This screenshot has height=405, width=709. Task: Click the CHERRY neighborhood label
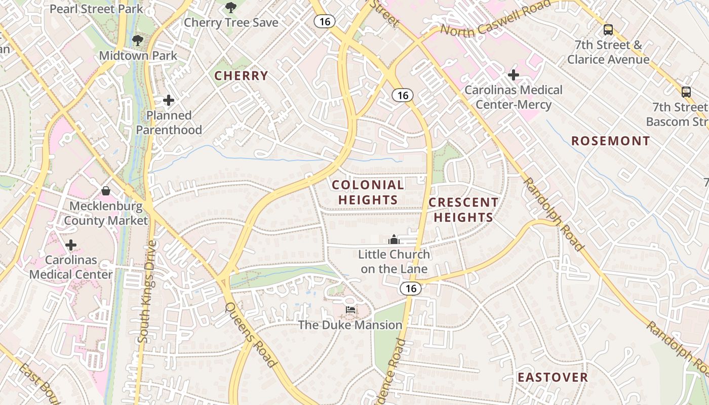(241, 76)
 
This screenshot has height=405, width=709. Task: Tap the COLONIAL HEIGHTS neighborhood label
(368, 192)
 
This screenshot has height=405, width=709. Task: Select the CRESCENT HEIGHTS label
(463, 210)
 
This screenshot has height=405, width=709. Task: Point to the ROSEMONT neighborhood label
(610, 141)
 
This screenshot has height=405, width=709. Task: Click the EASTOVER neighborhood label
(553, 377)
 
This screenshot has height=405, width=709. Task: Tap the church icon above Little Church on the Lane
(394, 239)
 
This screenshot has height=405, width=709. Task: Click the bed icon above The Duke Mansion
(350, 310)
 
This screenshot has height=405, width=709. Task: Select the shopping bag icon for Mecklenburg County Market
(106, 191)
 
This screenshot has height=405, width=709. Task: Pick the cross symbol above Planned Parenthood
(169, 101)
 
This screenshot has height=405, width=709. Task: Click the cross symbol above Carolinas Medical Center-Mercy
(514, 75)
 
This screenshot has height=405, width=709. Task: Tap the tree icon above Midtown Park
(137, 40)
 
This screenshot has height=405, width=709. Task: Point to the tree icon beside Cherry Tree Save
(231, 8)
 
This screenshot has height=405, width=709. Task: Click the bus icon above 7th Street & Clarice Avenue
(608, 30)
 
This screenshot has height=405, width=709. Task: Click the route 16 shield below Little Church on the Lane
(410, 289)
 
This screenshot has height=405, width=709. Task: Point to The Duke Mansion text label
(350, 325)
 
